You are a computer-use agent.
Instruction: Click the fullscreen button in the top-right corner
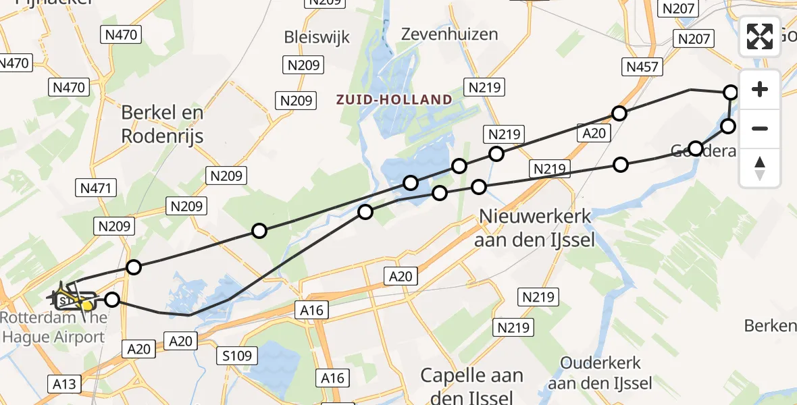pyautogui.click(x=760, y=36)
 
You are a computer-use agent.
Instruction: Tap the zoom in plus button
pyautogui.click(x=760, y=89)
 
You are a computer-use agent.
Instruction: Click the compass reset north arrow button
pyautogui.click(x=760, y=168)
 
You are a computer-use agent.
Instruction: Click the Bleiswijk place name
pyautogui.click(x=317, y=36)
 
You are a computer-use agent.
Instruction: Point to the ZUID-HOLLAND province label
pyautogui.click(x=394, y=100)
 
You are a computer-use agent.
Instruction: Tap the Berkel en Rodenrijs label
pyautogui.click(x=162, y=124)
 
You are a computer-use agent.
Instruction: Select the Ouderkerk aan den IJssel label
pyautogui.click(x=600, y=374)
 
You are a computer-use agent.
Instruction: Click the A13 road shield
pyautogui.click(x=65, y=384)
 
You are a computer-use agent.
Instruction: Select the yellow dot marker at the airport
pyautogui.click(x=87, y=306)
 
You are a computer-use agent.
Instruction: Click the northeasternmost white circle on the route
pyautogui.click(x=731, y=92)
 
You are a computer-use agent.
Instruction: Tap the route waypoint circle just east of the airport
pyautogui.click(x=112, y=299)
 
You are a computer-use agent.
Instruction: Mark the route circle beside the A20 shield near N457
pyautogui.click(x=619, y=113)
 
